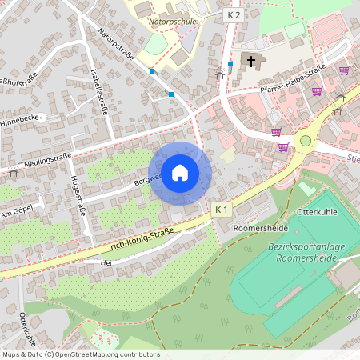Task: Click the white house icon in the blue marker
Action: tap(180, 173)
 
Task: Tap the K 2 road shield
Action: tap(233, 15)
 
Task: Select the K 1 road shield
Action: tap(222, 210)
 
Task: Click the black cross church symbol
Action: tap(250, 61)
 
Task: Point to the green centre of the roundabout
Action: tap(305, 141)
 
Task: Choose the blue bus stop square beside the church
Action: tap(230, 64)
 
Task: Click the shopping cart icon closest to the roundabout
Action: tap(283, 146)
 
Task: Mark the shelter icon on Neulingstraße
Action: tap(14, 172)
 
